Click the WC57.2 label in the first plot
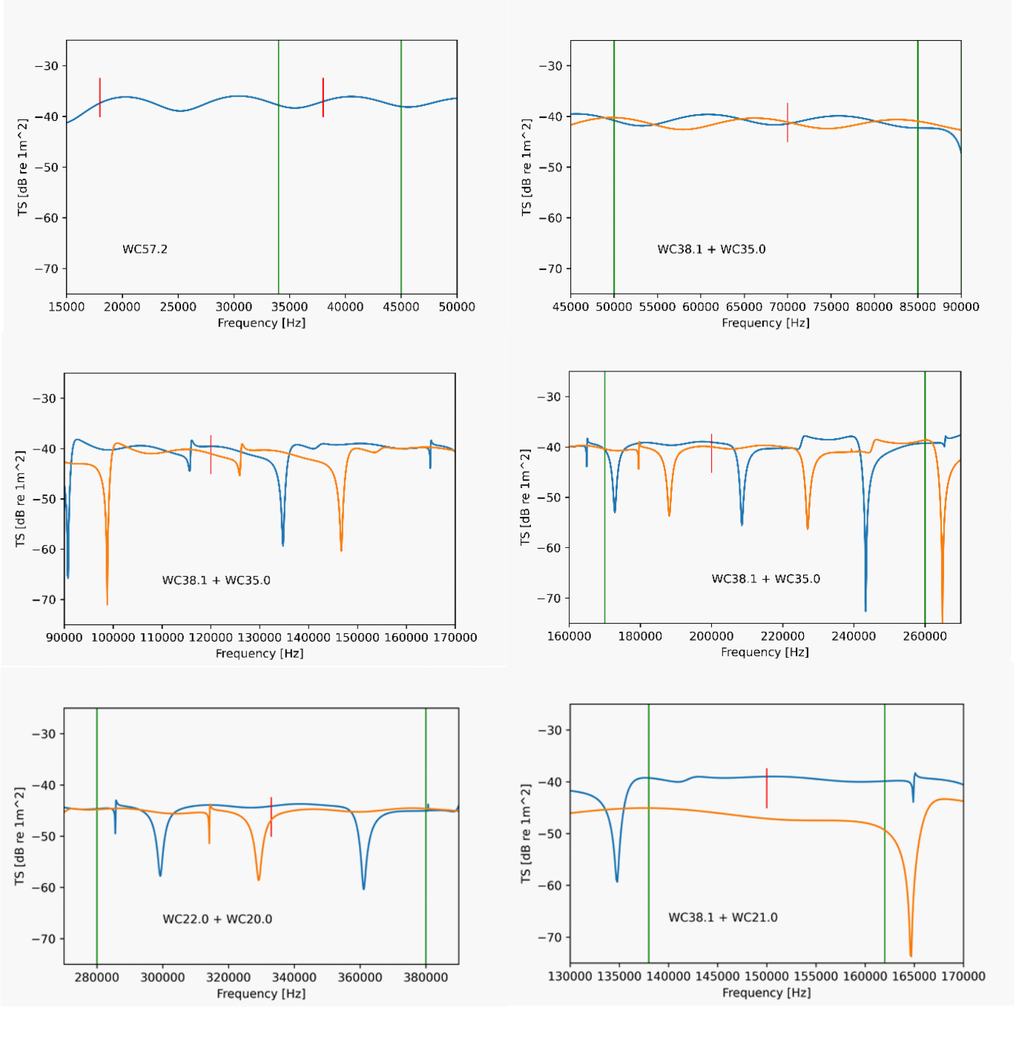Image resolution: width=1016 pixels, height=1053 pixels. point(145,249)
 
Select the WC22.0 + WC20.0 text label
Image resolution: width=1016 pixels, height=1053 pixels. point(217,919)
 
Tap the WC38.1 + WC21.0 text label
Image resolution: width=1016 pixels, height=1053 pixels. point(723,917)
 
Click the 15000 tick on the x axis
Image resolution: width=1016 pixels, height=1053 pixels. point(67,307)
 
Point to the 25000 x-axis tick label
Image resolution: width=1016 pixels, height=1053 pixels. point(178,307)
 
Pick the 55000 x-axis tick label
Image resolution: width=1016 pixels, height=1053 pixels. point(657,307)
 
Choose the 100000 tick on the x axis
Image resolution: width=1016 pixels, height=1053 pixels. point(113,638)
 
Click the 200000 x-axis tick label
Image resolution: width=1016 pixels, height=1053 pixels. point(711,636)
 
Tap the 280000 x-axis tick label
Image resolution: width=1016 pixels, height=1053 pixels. point(97,977)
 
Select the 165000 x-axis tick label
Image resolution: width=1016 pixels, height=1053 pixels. point(914,977)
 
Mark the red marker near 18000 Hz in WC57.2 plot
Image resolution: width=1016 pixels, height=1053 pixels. point(100,97)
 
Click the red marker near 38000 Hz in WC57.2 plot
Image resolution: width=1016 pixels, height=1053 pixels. point(323,97)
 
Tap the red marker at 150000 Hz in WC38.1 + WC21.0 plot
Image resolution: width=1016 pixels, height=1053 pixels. point(767,788)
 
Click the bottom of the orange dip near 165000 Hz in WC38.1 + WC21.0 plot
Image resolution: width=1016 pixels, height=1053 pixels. point(911,955)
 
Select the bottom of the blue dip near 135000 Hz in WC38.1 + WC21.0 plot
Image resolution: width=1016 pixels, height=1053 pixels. point(617,880)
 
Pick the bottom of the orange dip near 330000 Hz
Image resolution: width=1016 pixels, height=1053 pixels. point(259,879)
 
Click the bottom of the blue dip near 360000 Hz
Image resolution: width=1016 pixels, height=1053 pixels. point(363,888)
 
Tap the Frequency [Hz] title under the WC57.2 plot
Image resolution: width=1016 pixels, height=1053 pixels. point(261,323)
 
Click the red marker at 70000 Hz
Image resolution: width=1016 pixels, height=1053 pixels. point(788,122)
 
